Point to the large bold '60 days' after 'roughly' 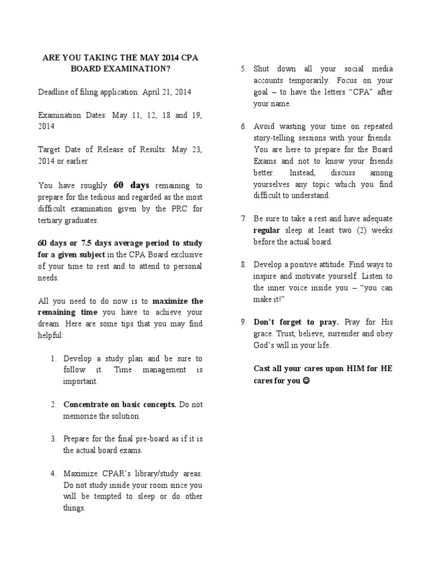click(131, 185)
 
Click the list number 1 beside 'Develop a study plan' click(53, 358)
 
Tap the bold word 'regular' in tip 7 click(267, 230)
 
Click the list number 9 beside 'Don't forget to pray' click(243, 322)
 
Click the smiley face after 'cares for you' click(306, 381)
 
